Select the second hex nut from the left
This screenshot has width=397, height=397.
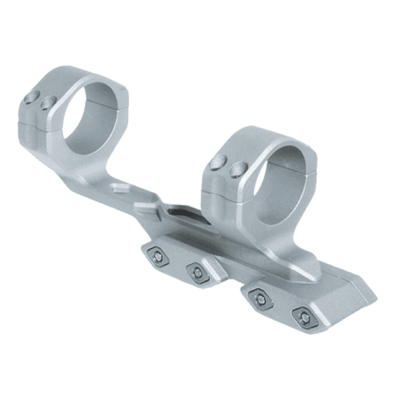point(197,272)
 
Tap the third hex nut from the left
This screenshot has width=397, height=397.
point(261,299)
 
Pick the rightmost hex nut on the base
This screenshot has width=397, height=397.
point(303,318)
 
